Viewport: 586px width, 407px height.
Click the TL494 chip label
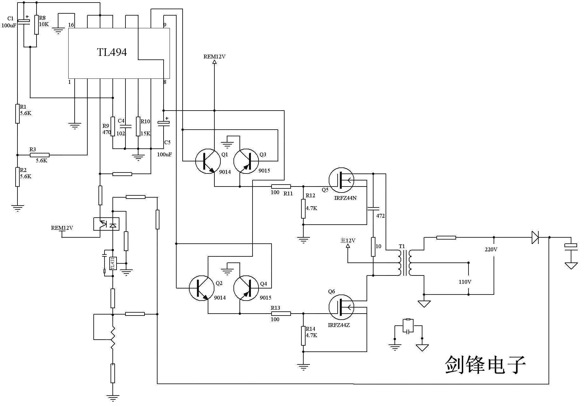point(112,52)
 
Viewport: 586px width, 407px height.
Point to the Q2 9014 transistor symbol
point(202,288)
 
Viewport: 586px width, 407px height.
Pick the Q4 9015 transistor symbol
point(246,288)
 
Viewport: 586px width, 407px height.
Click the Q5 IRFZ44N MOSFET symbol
point(341,180)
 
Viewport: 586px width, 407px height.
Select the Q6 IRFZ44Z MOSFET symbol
point(341,307)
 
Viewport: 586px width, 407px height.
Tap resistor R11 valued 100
point(281,187)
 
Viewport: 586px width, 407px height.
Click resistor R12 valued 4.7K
point(303,209)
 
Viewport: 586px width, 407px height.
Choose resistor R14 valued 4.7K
point(303,336)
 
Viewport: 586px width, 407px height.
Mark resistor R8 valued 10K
point(37,25)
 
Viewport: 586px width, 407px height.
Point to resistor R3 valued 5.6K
point(40,155)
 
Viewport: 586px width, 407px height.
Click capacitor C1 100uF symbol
point(24,21)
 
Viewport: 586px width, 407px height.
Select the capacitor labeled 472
point(373,209)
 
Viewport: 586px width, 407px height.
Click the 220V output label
point(491,250)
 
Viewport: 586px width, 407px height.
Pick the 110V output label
point(465,282)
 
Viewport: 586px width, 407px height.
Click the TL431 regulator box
point(113,263)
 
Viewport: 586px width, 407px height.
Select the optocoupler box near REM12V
point(106,224)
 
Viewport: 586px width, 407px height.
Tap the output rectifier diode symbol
point(535,237)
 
